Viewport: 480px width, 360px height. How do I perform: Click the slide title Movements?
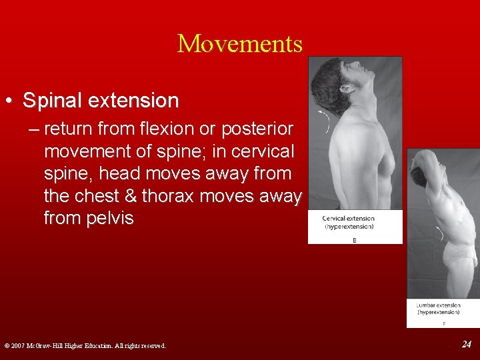click(240, 44)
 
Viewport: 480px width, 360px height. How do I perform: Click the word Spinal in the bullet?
click(53, 101)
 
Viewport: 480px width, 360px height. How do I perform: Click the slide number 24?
click(467, 344)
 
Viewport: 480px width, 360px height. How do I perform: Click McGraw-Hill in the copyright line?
click(57, 345)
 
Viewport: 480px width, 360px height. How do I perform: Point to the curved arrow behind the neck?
click(327, 121)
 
